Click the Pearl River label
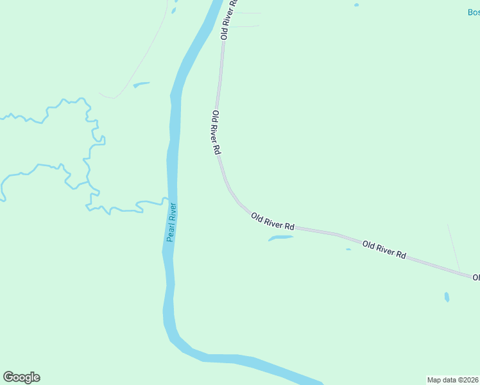pyautogui.click(x=171, y=222)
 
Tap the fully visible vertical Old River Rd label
pyautogui.click(x=216, y=132)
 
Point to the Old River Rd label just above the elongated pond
pyautogui.click(x=273, y=222)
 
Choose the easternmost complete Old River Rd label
pyautogui.click(x=384, y=250)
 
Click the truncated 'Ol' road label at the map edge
pyautogui.click(x=476, y=277)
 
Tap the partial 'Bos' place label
pyautogui.click(x=473, y=12)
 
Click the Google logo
pyautogui.click(x=21, y=377)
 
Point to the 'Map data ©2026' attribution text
pyautogui.click(x=452, y=380)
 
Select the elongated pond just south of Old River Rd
pyautogui.click(x=280, y=239)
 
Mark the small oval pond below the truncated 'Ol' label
pyautogui.click(x=447, y=297)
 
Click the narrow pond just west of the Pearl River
pyautogui.click(x=141, y=84)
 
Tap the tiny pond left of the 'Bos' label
pyautogui.click(x=356, y=5)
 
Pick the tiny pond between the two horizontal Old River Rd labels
pyautogui.click(x=348, y=249)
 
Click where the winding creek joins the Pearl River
pyautogui.click(x=166, y=201)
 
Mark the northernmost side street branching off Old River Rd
pyautogui.click(x=247, y=12)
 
